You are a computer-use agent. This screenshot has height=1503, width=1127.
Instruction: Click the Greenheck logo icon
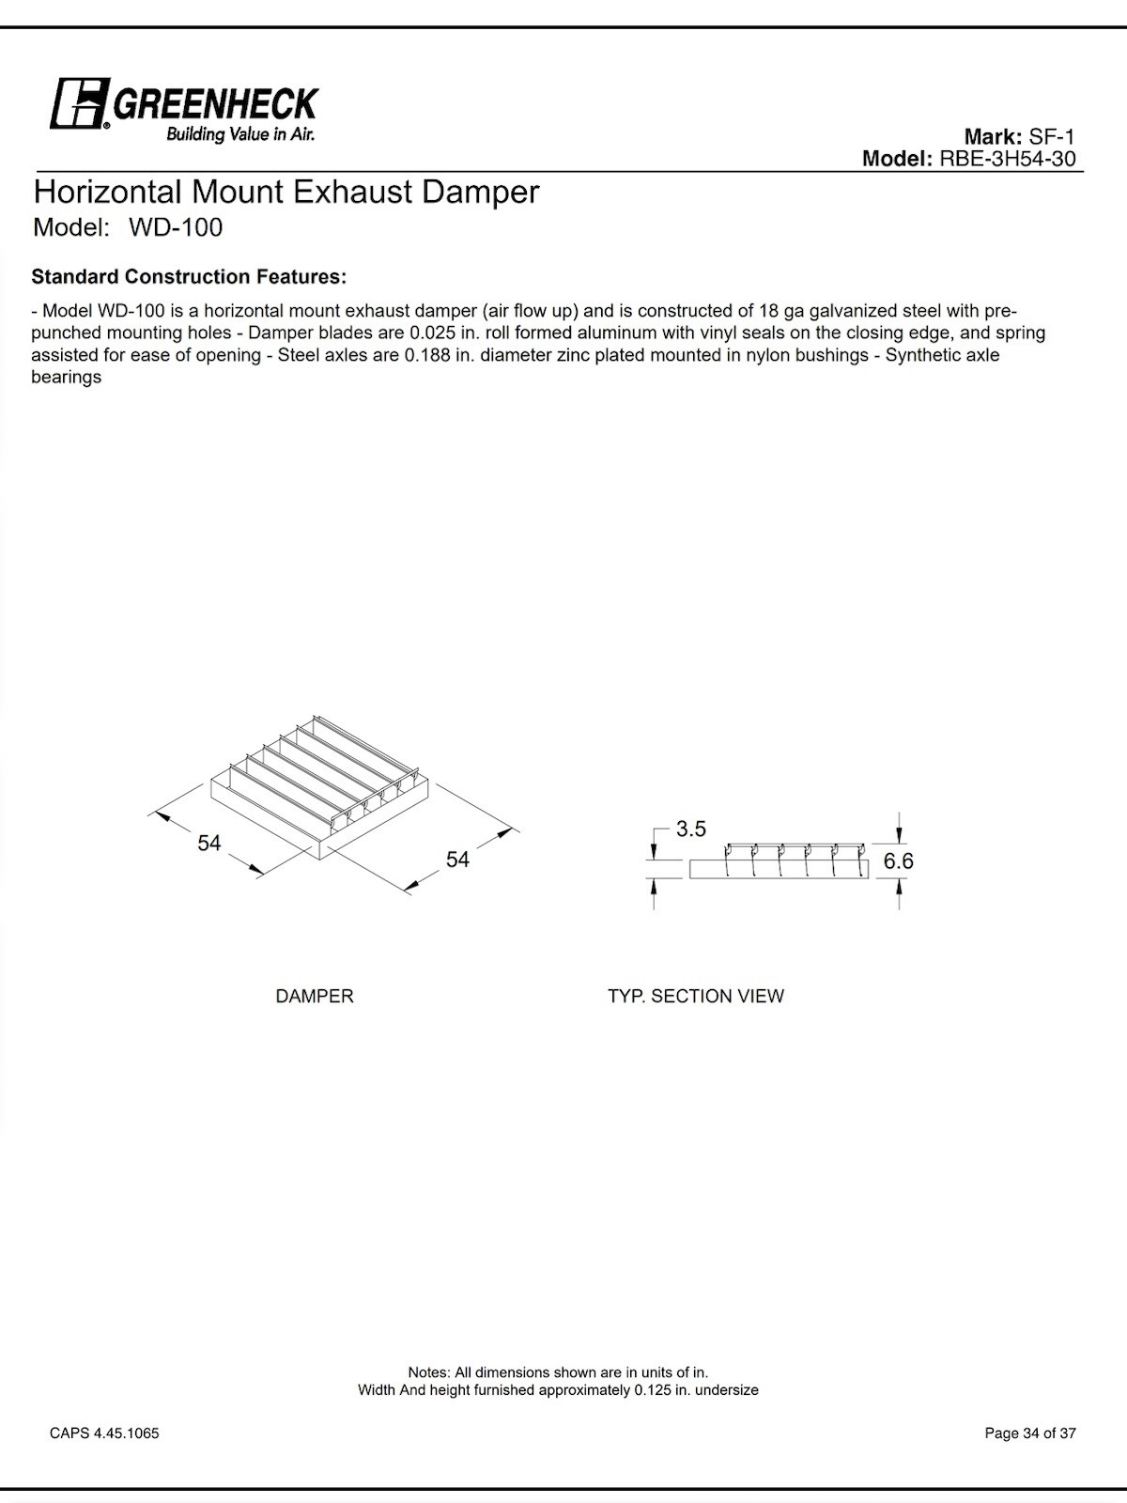click(x=79, y=103)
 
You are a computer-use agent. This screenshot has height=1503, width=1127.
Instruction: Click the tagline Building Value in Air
click(x=240, y=134)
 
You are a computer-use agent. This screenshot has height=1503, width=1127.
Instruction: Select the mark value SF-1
click(x=1052, y=136)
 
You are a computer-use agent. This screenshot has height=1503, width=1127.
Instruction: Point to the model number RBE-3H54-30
click(x=1008, y=159)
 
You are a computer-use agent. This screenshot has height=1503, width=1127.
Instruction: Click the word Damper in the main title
click(x=480, y=193)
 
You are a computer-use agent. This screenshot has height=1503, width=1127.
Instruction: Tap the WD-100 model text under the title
click(x=176, y=227)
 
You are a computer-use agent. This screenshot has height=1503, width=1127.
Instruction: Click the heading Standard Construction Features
click(x=189, y=277)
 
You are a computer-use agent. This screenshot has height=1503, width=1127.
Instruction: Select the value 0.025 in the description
click(x=432, y=333)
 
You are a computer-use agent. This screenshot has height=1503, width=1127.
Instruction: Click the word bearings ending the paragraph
click(x=66, y=378)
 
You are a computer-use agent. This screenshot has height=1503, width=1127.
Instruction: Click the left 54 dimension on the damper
click(x=208, y=843)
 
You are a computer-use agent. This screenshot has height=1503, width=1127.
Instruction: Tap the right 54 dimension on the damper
click(x=457, y=860)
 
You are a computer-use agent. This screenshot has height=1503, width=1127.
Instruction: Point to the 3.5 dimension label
click(x=690, y=829)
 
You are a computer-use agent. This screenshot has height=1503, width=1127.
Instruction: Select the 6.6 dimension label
click(x=898, y=860)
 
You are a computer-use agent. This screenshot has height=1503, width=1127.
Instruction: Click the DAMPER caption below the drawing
click(x=315, y=996)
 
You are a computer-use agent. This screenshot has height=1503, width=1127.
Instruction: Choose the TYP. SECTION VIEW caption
click(x=695, y=996)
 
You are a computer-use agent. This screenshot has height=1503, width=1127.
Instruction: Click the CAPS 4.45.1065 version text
click(x=104, y=1433)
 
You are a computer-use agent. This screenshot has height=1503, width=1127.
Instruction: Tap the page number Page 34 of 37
click(x=1030, y=1433)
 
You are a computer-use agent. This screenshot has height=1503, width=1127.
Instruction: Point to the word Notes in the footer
click(x=428, y=1372)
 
